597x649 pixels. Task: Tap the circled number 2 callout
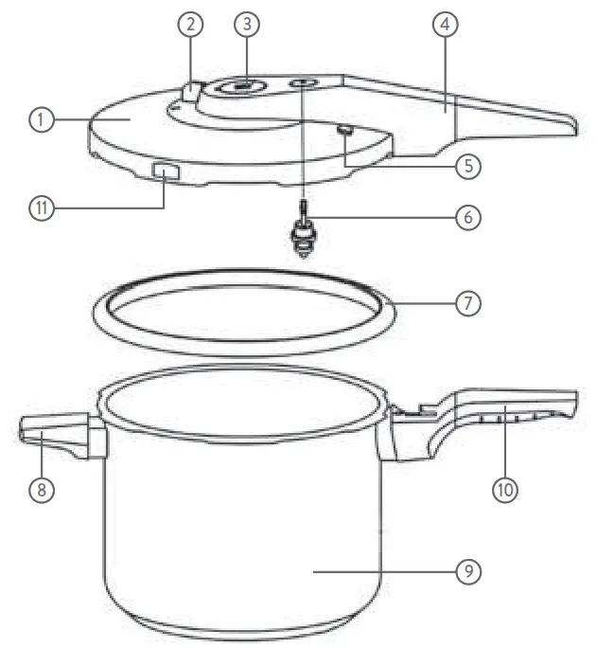tap(191, 27)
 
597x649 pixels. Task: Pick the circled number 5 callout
tap(465, 164)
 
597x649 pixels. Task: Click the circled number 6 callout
tap(465, 216)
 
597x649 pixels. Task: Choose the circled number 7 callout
tap(465, 305)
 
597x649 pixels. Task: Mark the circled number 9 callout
tap(465, 571)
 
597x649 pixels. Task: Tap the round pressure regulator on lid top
tap(241, 88)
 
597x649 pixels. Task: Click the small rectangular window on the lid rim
tap(167, 172)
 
